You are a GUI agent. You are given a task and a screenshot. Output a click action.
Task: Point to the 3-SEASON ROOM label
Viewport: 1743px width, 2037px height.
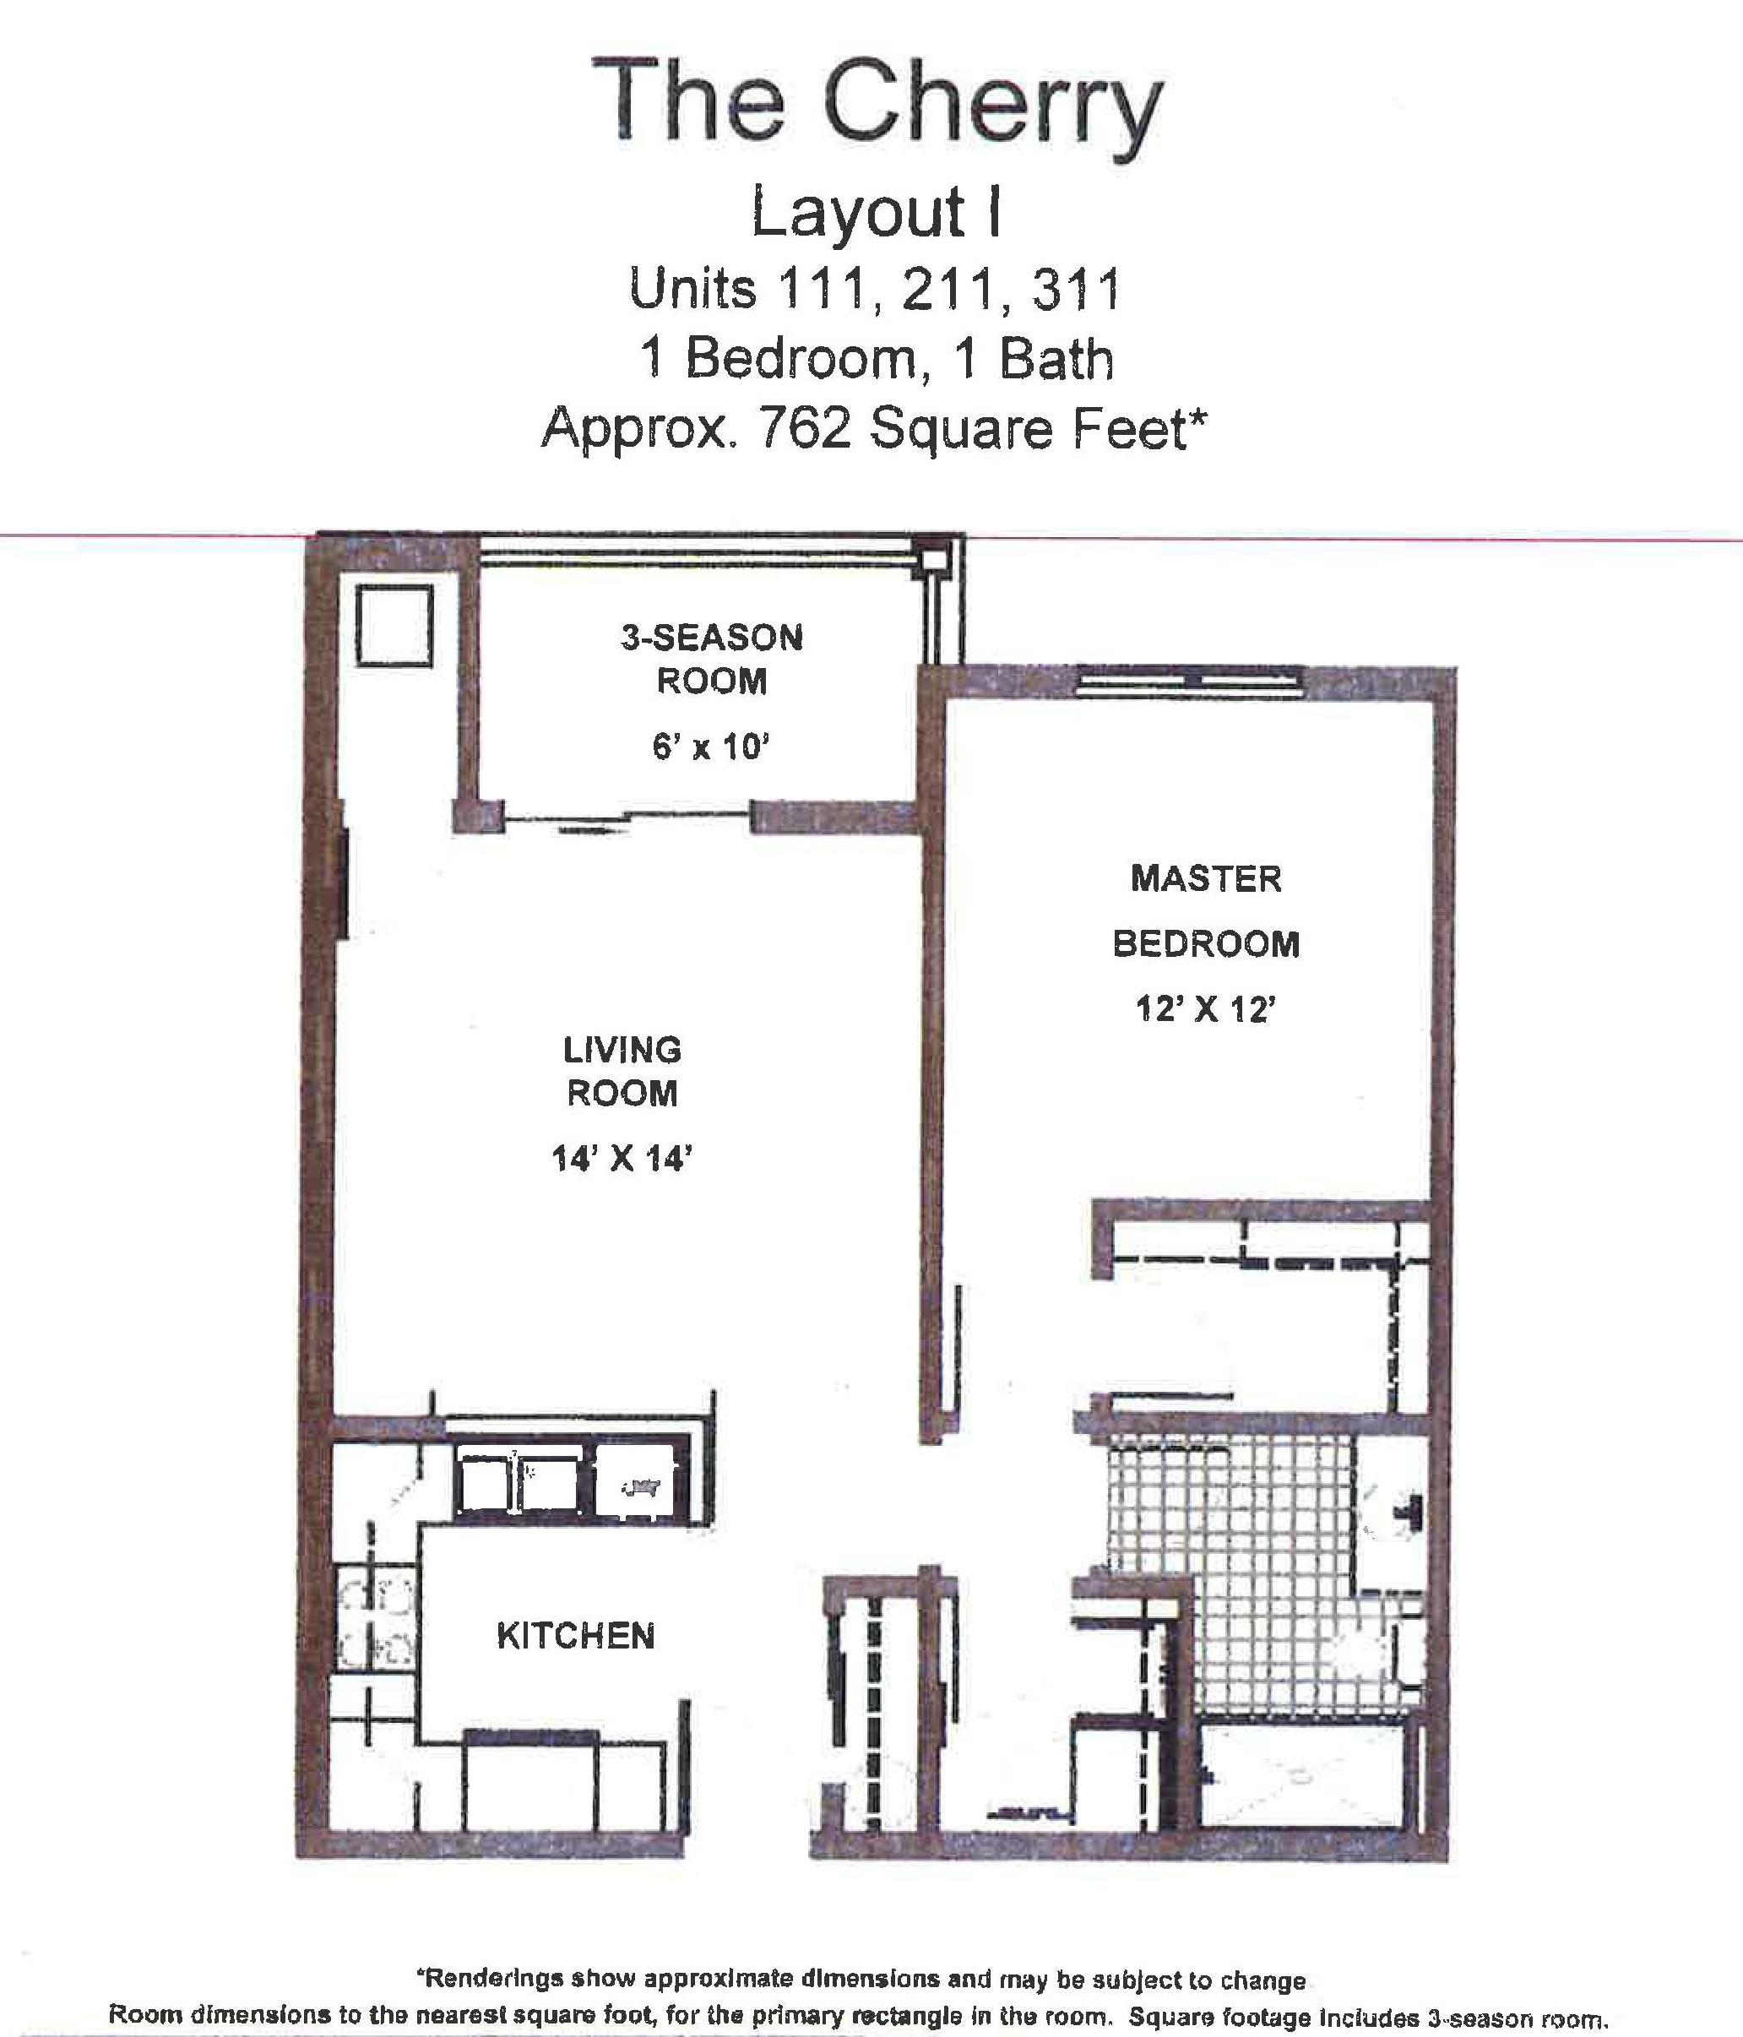(x=712, y=659)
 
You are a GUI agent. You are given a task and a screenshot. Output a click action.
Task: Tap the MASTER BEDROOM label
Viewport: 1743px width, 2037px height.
(x=1206, y=910)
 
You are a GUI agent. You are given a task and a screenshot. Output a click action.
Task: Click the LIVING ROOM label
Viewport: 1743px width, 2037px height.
(x=622, y=1071)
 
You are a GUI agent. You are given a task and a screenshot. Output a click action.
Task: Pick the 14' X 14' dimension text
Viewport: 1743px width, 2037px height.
(x=622, y=1159)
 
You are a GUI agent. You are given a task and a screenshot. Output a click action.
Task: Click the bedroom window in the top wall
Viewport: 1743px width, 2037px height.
(x=1191, y=682)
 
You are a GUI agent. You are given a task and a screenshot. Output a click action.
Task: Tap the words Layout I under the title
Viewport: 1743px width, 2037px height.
(x=876, y=212)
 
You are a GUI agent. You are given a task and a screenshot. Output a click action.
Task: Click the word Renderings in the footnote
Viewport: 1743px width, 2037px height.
(x=491, y=1953)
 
